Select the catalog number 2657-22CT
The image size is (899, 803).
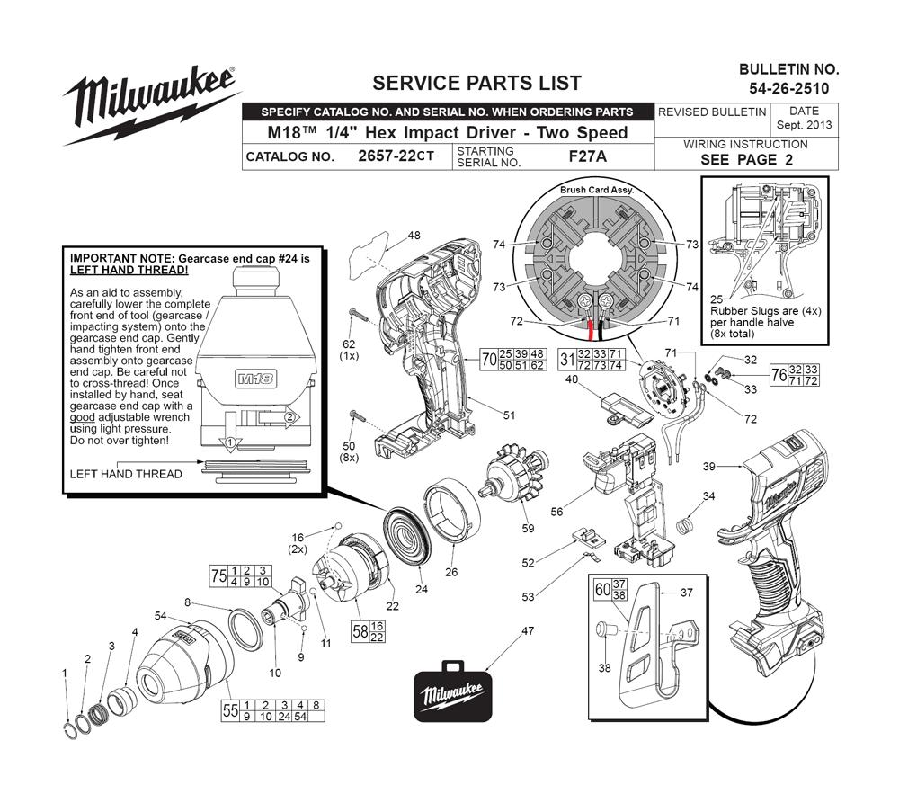396,156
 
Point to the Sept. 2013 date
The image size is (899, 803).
803,125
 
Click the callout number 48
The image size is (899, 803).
414,236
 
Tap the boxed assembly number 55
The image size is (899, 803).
230,710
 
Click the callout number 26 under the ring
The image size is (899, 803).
451,571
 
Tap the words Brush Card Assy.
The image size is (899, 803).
597,191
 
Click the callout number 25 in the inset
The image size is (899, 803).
717,299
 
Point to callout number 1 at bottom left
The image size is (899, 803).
65,673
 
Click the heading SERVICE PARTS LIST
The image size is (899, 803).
476,83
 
